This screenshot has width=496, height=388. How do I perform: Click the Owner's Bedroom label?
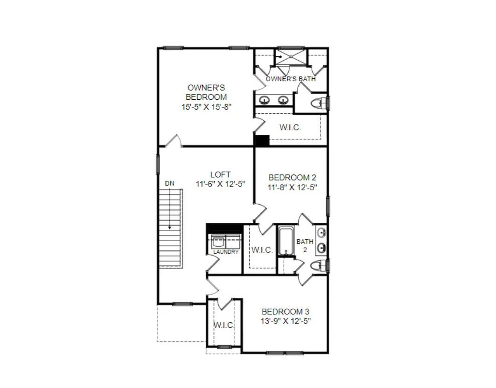coord(207,92)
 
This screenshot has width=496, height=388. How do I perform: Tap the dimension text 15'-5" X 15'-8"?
coord(207,107)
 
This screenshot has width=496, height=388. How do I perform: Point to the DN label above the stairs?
coord(169,183)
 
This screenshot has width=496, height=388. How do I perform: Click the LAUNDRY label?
coord(226,252)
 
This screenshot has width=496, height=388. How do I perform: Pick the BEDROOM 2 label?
coord(292,178)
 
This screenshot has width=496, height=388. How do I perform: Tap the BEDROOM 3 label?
coord(285,312)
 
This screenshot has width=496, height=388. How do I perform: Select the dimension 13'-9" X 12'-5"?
coord(285,321)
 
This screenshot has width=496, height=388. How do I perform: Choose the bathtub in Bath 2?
coord(285,241)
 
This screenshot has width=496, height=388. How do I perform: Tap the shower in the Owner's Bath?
coord(290,58)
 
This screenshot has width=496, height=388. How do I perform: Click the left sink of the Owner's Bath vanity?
coord(264,100)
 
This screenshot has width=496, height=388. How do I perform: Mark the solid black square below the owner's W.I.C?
coord(262,140)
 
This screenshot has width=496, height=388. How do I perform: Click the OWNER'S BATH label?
coord(290,79)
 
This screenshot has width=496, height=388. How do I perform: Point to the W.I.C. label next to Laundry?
coord(262,250)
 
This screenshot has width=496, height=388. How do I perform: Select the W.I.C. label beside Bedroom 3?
coord(224,325)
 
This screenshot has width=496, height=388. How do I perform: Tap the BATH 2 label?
coord(305,245)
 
